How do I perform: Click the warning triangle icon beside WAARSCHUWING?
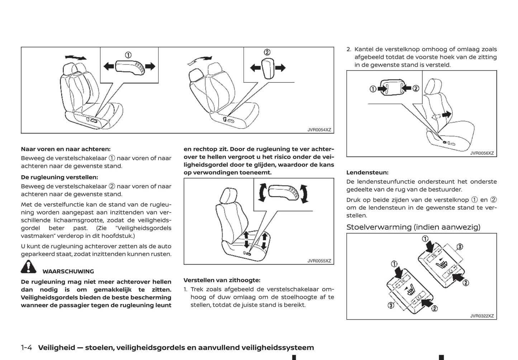point(28,267)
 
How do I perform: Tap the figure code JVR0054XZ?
point(319,130)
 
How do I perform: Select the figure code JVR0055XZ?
point(319,261)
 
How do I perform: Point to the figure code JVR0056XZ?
point(482,153)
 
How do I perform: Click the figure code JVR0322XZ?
point(482,316)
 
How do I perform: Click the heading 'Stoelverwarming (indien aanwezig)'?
point(413,227)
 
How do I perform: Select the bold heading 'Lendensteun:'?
point(367,173)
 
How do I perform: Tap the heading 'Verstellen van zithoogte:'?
point(222,280)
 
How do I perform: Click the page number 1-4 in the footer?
point(27,347)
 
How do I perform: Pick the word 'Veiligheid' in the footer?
point(57,347)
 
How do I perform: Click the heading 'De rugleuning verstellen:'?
point(59,177)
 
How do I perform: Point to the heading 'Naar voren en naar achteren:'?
point(66,149)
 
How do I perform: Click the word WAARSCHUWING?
point(68,272)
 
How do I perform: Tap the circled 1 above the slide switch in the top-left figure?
point(128,55)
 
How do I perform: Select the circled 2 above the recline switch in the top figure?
point(267,52)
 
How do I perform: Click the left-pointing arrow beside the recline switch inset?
point(255,67)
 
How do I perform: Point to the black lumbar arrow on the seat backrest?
point(446,114)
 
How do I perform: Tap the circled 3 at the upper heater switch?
point(460,246)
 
